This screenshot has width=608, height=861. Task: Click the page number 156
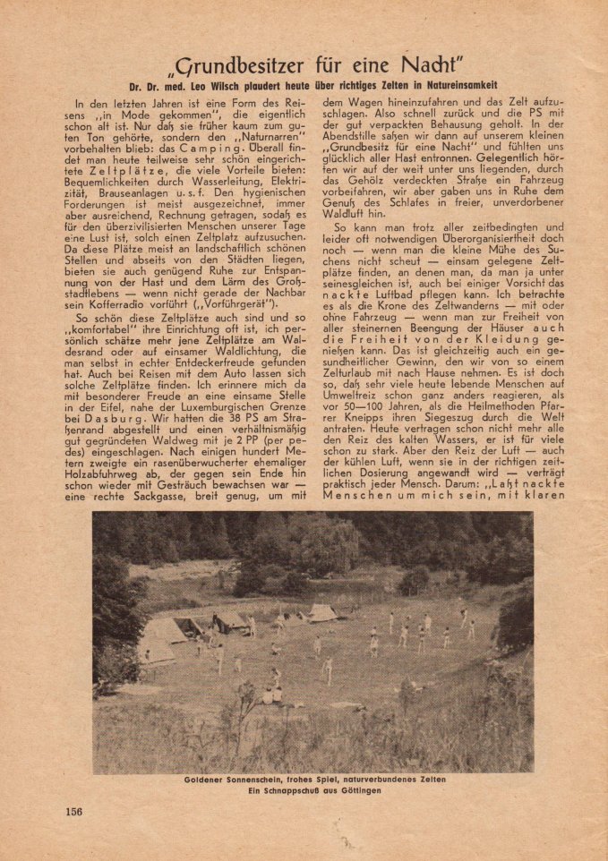(73, 811)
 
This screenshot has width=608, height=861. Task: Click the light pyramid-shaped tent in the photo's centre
(323, 612)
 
